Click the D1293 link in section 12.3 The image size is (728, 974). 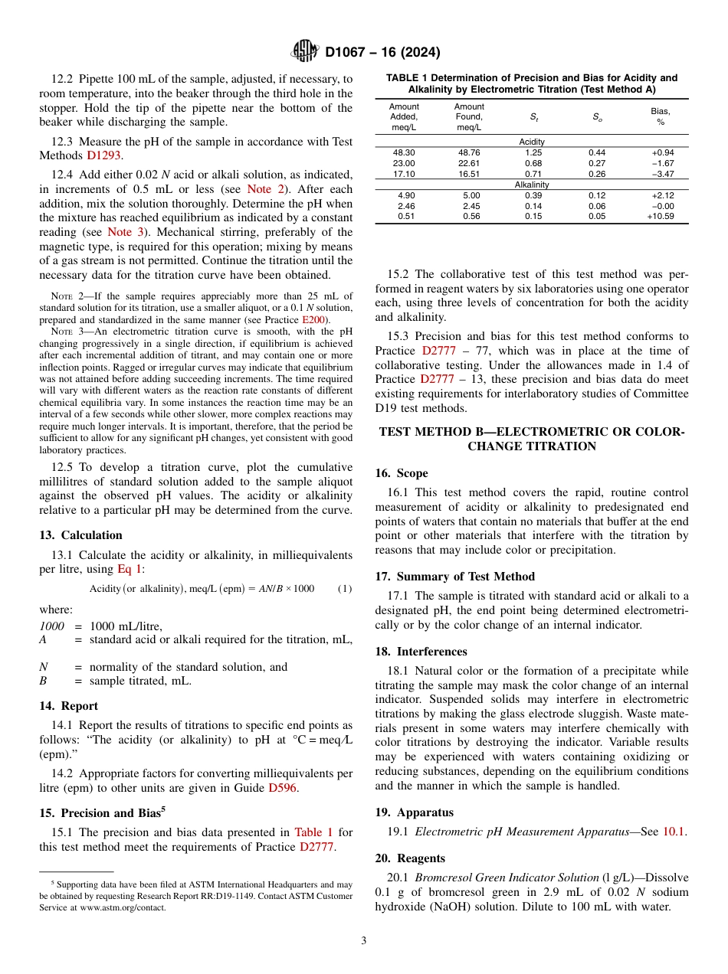pos(103,155)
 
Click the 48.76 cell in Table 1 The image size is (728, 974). pos(468,152)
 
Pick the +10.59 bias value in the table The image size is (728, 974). pos(660,217)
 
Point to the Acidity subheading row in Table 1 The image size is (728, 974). pos(531,142)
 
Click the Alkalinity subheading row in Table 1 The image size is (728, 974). pos(531,185)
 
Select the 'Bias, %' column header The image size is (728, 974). pos(660,116)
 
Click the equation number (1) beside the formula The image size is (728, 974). pos(345,588)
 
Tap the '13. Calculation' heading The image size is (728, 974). pos(80,534)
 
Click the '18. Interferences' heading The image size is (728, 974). pos(421,651)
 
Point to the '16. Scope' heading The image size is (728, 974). pos(402,472)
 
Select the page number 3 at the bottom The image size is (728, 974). pos(363,940)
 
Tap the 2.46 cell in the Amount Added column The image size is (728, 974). pos(403,206)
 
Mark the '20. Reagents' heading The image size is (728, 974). pos(410,858)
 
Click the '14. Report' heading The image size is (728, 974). pos(68,705)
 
